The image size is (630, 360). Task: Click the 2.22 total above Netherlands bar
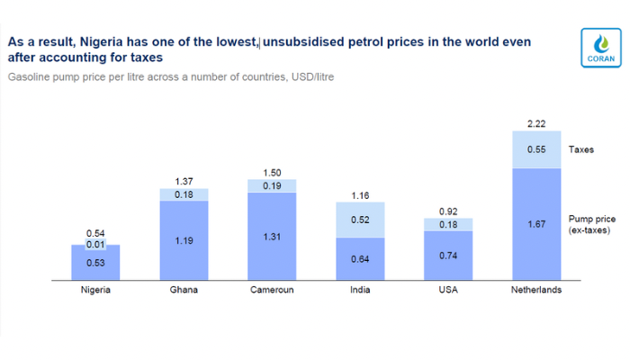click(x=536, y=123)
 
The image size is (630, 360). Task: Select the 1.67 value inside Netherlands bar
click(x=536, y=222)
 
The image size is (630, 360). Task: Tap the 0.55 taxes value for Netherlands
click(x=536, y=149)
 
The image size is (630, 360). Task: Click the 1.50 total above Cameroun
click(x=272, y=172)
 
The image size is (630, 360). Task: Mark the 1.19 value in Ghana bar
click(x=184, y=241)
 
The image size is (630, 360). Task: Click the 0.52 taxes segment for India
click(x=360, y=220)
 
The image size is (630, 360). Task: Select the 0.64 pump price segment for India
click(x=360, y=260)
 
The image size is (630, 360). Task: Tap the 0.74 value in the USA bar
click(x=448, y=256)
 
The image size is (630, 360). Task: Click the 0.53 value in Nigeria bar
click(x=95, y=263)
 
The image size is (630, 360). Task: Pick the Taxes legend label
click(x=582, y=150)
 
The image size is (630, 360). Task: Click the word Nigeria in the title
click(x=101, y=41)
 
